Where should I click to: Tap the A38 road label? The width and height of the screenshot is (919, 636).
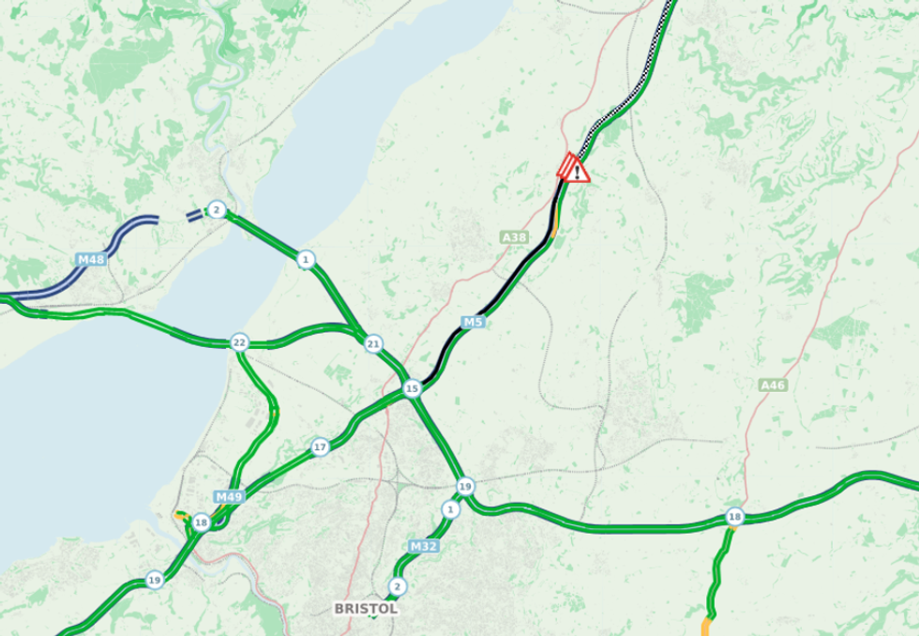click(515, 238)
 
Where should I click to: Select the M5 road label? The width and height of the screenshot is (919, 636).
click(473, 323)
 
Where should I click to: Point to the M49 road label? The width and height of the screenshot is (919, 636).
click(228, 496)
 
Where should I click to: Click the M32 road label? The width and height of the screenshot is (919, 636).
click(423, 545)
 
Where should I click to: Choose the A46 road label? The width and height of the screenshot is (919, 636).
click(774, 385)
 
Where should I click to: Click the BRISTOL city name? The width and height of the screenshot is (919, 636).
click(366, 609)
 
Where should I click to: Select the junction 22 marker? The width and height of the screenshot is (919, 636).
click(239, 342)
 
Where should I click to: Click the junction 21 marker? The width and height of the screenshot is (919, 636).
click(374, 343)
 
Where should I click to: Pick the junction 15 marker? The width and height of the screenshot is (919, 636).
click(411, 387)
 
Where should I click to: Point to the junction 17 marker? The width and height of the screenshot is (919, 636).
click(320, 447)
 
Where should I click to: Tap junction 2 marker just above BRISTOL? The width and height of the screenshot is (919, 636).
click(398, 587)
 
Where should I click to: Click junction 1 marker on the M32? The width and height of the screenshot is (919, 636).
click(450, 509)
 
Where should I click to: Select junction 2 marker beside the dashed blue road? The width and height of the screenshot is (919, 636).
click(217, 209)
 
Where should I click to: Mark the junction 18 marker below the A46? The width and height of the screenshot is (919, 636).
click(734, 518)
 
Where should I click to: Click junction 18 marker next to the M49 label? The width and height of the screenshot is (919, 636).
click(201, 522)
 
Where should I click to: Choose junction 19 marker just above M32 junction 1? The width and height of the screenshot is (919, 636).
click(465, 486)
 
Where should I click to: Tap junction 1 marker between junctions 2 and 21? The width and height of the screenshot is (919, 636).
click(305, 258)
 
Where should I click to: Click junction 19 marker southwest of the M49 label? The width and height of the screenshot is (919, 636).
click(153, 582)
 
